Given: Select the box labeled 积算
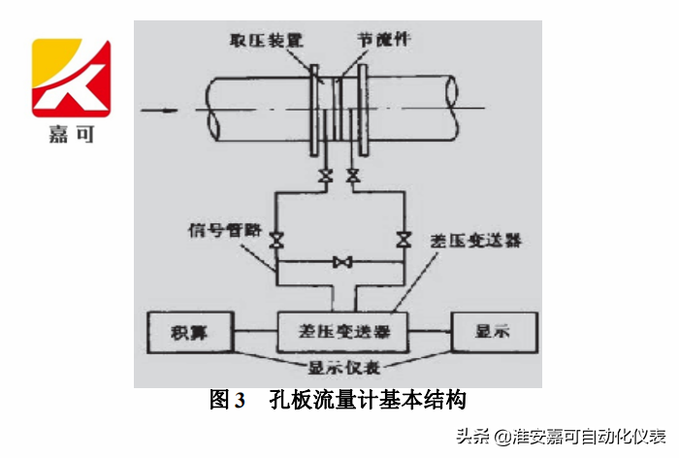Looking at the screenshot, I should pos(188,332).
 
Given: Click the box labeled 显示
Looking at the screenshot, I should pos(492,332).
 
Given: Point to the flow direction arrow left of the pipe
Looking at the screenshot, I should pos(159,110).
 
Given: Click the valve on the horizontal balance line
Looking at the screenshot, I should pos(340,262).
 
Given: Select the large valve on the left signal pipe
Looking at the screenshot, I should pos(276,240).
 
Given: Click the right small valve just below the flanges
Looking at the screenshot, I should pos(353,177).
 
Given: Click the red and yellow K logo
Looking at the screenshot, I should pos(71,78).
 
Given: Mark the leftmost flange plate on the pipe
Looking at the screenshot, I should pos(316,109).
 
